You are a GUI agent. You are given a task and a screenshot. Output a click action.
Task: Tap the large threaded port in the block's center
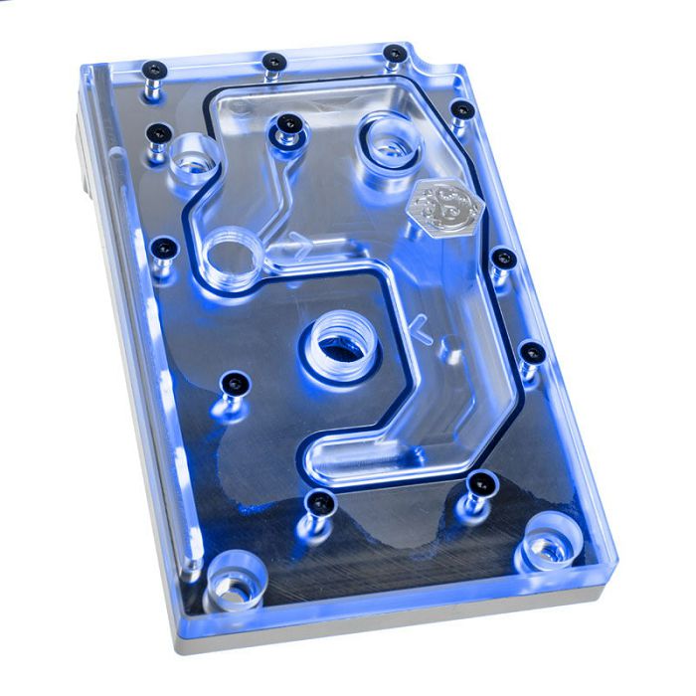click(x=340, y=348)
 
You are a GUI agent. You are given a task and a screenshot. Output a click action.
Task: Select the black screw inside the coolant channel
click(x=288, y=123)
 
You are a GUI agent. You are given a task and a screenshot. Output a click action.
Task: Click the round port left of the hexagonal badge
click(x=385, y=138)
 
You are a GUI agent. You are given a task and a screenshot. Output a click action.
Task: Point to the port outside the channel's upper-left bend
click(x=193, y=159)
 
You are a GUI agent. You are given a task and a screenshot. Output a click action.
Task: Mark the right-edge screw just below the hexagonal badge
click(x=503, y=259)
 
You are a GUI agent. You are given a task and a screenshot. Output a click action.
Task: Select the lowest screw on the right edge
click(x=531, y=352)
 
